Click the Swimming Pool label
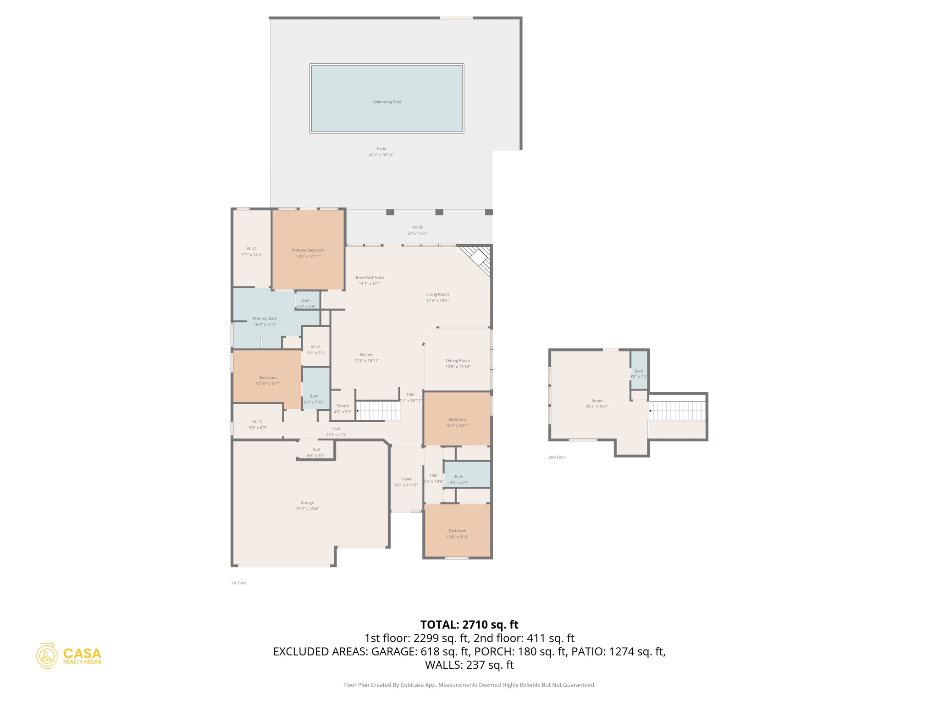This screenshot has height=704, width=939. point(387,102)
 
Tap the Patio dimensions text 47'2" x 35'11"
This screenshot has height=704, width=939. point(381,155)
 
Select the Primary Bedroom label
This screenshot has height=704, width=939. point(308,250)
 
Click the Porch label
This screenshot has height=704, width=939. point(418,227)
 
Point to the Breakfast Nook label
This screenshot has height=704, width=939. point(370,277)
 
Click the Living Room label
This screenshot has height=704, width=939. point(437,294)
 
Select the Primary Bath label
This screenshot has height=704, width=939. point(265,319)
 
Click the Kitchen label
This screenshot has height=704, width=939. point(366,355)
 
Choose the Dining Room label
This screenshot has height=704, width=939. point(458,361)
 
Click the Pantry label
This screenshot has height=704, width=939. point(342,406)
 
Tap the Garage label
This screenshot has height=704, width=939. point(307,503)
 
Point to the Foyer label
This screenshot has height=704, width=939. point(406,479)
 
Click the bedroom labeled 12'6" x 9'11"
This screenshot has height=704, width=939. point(457,533)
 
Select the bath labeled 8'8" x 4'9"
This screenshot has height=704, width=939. point(459,479)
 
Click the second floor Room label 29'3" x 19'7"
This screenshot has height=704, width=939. point(597,403)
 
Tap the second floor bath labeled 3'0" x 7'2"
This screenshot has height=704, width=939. point(639,374)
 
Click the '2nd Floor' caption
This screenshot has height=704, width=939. point(557,457)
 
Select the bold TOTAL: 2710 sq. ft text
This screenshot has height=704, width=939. point(469,625)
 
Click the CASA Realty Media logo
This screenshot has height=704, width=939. point(69,655)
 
